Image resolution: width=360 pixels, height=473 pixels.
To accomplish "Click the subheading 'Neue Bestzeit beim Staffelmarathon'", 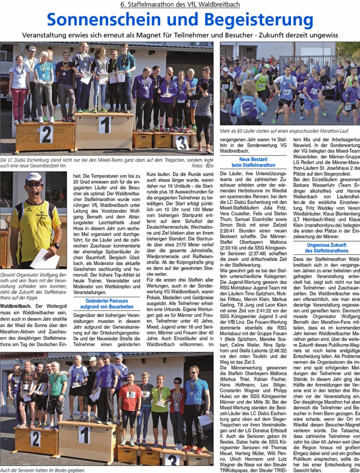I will tap(253, 162).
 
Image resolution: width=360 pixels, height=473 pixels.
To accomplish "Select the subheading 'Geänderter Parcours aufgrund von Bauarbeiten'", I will tap(107, 304).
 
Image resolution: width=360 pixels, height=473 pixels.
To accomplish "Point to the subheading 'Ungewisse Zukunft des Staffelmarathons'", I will tap(326, 248).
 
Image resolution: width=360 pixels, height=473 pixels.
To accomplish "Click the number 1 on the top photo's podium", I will tap(104, 125).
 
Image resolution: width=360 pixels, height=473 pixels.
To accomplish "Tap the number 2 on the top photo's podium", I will tap(46, 134).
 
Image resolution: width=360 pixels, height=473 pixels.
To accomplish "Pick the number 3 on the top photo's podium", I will tap(182, 142).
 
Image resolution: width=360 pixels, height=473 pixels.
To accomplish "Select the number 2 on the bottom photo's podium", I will tap(36, 439).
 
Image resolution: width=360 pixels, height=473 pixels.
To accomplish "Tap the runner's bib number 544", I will tap(287, 92).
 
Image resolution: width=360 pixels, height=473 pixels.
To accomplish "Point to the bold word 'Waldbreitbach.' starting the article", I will tap(16, 306).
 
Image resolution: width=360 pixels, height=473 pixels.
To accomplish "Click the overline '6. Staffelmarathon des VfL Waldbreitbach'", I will tap(180, 4).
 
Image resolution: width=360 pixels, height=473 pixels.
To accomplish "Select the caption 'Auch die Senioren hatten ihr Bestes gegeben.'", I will tap(42, 470).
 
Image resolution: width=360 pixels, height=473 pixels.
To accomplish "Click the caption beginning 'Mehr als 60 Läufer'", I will tap(284, 131).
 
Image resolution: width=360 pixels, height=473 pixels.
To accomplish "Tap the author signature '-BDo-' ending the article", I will tap(353, 470).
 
